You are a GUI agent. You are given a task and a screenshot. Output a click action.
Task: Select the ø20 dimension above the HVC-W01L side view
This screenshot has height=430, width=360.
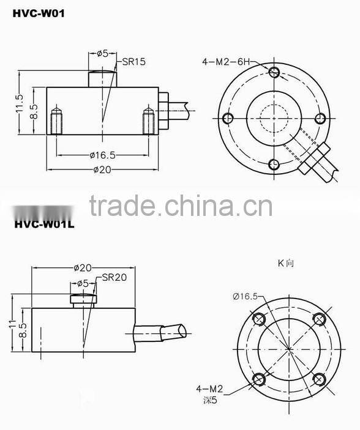coord(82,267)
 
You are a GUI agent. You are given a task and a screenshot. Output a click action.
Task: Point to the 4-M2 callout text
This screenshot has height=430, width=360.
coord(209,388)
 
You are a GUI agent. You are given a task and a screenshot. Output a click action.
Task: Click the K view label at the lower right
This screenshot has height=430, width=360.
coord(286,263)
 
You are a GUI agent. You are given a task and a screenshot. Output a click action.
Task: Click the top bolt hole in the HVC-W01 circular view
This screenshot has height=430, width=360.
coord(274,73)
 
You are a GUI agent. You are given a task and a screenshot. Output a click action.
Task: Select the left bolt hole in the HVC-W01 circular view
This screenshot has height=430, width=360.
coord(228,118)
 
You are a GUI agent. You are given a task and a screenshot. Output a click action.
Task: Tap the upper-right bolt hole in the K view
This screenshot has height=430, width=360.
coord(317,319)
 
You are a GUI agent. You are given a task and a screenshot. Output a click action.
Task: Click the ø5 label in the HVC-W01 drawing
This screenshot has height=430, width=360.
coord(102,53)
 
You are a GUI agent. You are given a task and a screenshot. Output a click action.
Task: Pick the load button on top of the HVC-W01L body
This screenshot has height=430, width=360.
coord(83,299)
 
